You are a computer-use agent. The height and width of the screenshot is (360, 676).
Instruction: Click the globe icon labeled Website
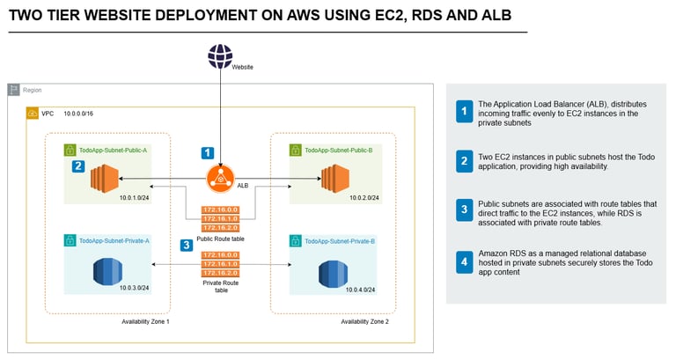pos(220,56)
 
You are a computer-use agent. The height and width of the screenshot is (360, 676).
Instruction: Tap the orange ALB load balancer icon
pos(220,180)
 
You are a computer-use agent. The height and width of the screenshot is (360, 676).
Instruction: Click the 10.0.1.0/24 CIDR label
pos(135,198)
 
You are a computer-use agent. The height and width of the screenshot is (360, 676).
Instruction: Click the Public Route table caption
pos(220,238)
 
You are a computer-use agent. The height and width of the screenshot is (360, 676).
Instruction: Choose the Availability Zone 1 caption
pos(145,322)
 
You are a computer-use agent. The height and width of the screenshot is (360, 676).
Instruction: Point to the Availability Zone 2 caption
pos(364,322)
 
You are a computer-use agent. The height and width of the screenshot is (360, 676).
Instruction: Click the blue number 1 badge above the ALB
pos(208,152)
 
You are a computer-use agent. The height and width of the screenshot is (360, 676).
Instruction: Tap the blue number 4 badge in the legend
pos(463,261)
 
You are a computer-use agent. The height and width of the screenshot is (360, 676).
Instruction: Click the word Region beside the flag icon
pos(32,90)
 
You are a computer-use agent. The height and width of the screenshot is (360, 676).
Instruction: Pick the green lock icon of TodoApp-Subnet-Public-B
pos(296,151)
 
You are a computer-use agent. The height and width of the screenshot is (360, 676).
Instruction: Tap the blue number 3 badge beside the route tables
pos(186,246)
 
